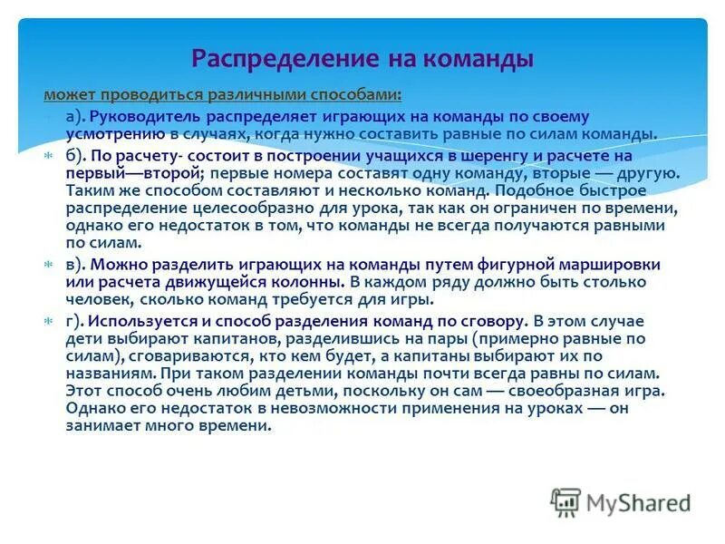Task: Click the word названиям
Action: point(104,373)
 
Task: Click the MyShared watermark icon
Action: point(566,501)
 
